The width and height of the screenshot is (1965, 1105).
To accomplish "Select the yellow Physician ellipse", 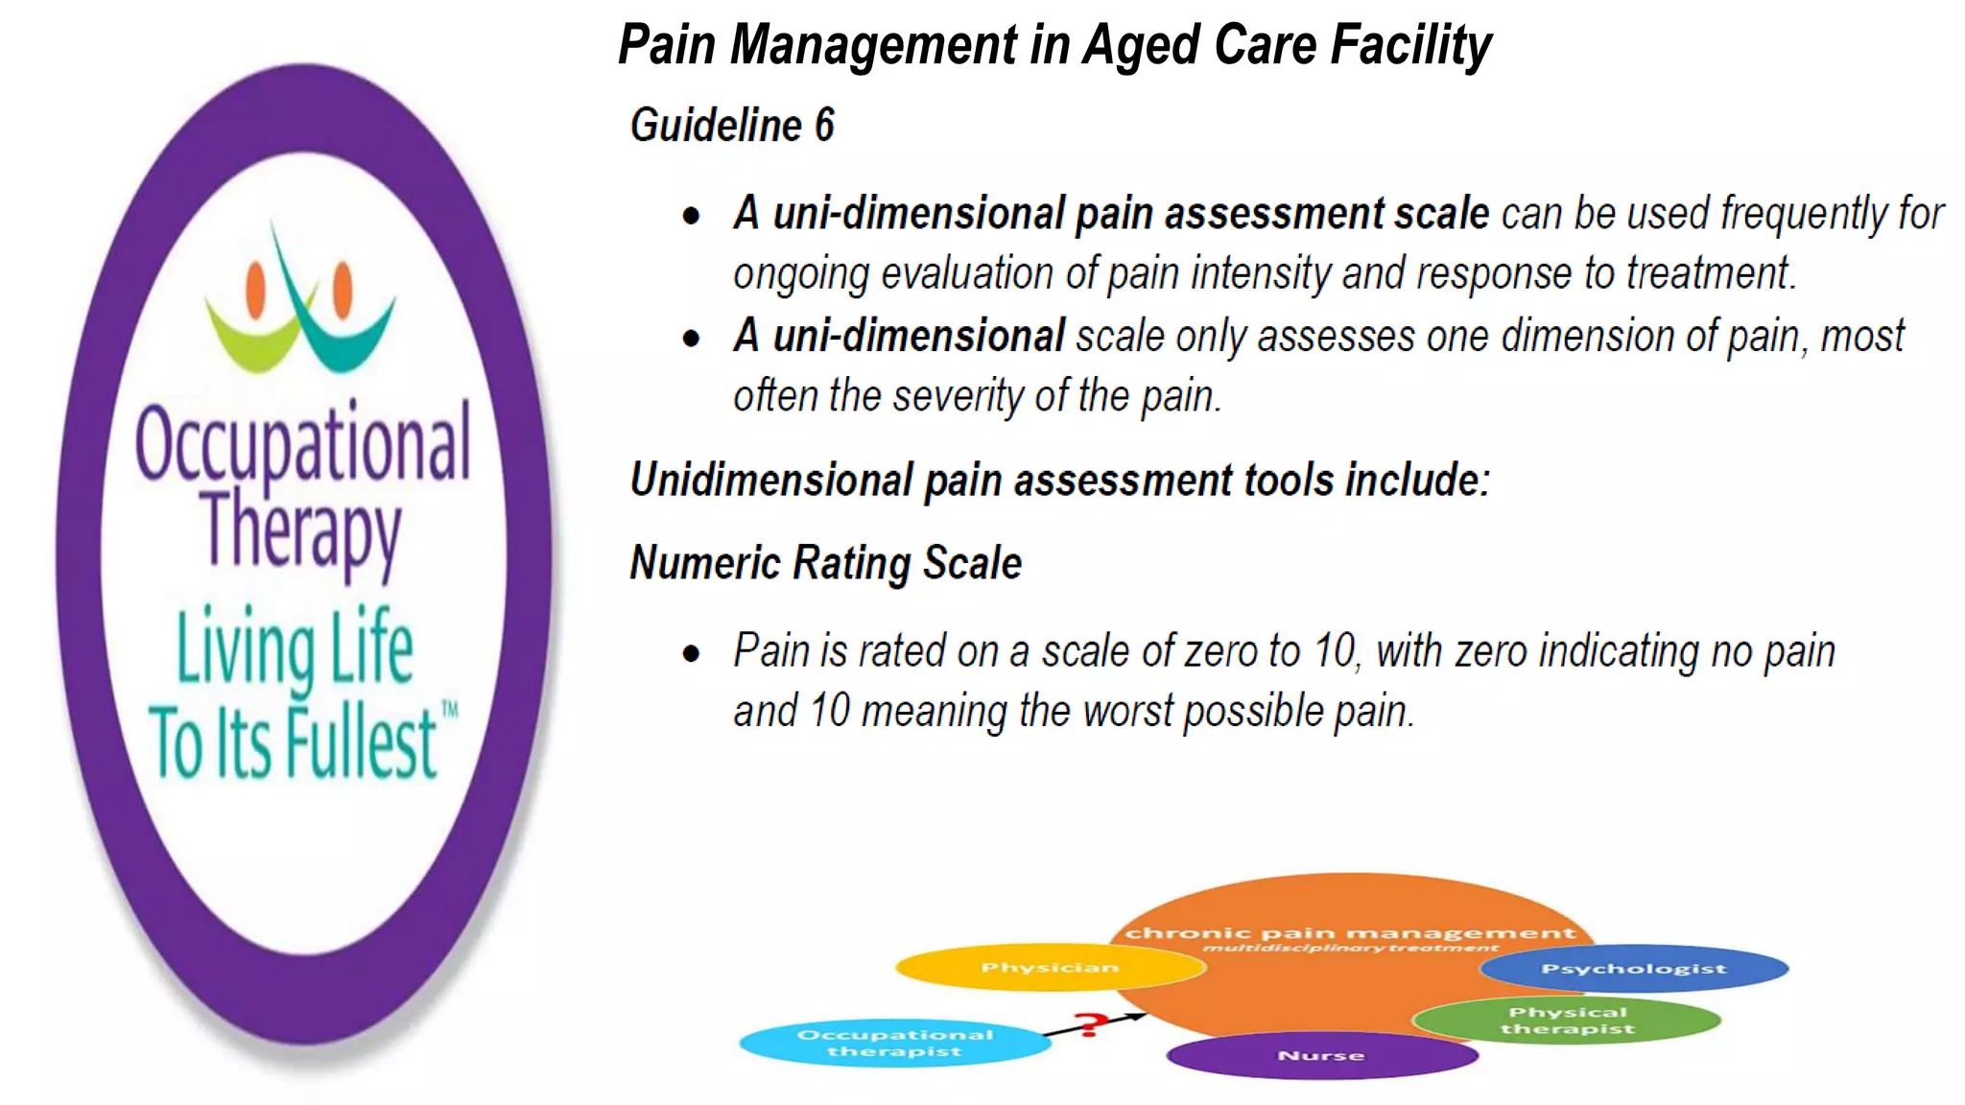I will (1050, 968).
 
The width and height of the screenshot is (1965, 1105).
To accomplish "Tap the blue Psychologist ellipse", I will (1633, 969).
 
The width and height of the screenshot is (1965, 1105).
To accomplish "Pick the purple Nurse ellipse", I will (1321, 1055).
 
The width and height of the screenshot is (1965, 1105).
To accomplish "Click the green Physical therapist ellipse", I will (1567, 1021).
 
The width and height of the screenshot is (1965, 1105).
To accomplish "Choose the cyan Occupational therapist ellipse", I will (894, 1043).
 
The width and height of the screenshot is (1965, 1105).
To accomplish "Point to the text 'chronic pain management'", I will (1350, 932).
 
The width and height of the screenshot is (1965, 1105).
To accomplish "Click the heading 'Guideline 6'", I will (732, 126).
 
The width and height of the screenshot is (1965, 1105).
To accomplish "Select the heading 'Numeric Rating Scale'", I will (825, 563).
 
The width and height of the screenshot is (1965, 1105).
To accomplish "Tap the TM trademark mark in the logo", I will (449, 710).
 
